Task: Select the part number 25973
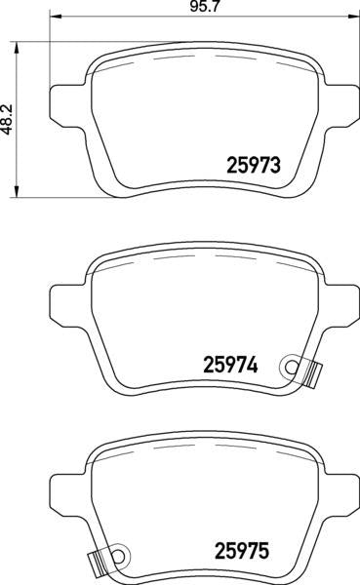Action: click(x=254, y=166)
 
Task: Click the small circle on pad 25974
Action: click(x=290, y=366)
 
